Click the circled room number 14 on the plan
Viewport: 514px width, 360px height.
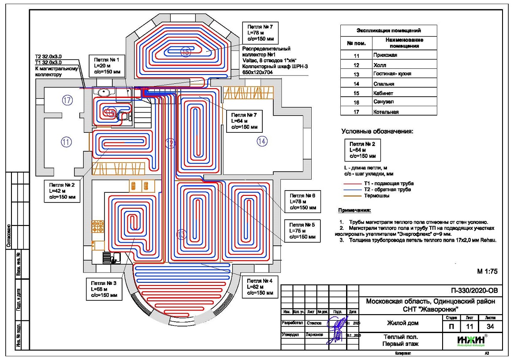[262, 141]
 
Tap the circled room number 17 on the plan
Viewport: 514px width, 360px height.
[67, 100]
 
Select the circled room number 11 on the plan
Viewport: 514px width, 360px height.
[66, 142]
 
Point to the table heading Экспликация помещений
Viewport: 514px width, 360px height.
[388, 31]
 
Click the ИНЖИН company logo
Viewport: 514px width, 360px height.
[472, 341]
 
